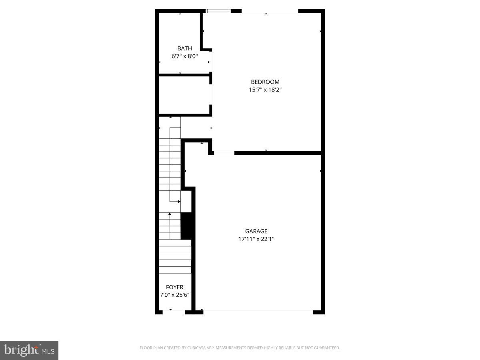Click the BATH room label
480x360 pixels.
tap(184, 48)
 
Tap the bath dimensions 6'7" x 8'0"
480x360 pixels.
tap(184, 56)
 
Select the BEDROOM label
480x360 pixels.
tap(265, 82)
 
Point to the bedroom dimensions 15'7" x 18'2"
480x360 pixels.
tap(265, 90)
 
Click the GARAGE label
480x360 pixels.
tap(256, 231)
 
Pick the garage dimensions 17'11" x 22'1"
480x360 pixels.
tap(256, 239)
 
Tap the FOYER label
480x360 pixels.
tap(175, 287)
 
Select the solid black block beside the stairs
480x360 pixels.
tap(186, 226)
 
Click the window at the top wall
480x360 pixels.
tap(218, 11)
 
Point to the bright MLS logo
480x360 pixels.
tap(29, 350)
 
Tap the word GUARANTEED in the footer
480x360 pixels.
tap(325, 348)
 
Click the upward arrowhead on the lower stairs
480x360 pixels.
tap(170, 214)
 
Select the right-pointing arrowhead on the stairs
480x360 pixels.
tap(179, 201)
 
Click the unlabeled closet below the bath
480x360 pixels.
tap(184, 95)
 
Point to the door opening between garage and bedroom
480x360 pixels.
tap(224, 153)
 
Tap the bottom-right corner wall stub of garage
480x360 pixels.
tap(319, 312)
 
